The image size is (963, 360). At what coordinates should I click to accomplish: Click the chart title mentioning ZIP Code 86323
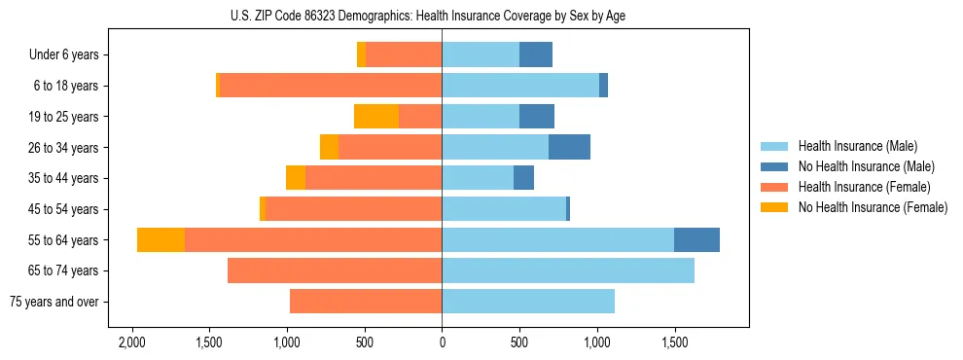[x=442, y=16]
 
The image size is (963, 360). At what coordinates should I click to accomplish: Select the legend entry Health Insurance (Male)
[x=856, y=146]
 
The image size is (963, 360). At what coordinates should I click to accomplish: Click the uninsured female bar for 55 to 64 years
[x=160, y=239]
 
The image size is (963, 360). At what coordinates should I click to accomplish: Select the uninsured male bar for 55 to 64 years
[x=696, y=239]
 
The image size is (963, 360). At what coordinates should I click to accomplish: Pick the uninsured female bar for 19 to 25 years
[x=376, y=117]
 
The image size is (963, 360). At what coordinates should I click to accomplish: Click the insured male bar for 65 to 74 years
[x=568, y=270]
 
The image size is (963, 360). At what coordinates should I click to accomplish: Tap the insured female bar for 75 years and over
[x=366, y=302]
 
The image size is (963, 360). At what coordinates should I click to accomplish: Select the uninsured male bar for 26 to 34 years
[x=569, y=147]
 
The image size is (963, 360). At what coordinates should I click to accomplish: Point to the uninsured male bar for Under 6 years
[x=536, y=55]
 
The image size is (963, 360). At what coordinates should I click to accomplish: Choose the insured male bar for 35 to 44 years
[x=478, y=178]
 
